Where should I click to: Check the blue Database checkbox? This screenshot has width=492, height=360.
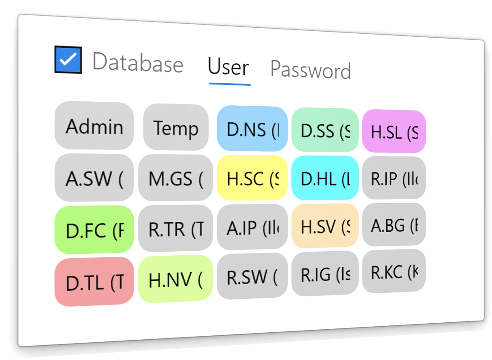(x=68, y=60)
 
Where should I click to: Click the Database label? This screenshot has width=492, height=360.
(x=138, y=63)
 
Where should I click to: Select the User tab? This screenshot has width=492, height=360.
(x=228, y=68)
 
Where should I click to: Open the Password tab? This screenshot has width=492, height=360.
(x=311, y=70)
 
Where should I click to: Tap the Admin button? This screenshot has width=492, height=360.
(x=94, y=126)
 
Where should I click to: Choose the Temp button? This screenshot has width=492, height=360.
(x=176, y=128)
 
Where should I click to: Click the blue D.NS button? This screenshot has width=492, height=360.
(x=252, y=130)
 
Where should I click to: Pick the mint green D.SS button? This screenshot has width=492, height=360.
(x=325, y=131)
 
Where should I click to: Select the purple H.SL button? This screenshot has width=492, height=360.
(x=394, y=132)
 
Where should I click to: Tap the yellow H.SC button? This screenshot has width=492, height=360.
(x=252, y=178)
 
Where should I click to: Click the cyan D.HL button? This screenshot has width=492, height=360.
(x=325, y=178)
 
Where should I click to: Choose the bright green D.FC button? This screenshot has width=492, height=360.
(x=94, y=230)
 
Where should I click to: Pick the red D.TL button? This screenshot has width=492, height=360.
(x=94, y=282)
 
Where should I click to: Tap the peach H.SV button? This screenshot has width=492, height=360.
(x=325, y=226)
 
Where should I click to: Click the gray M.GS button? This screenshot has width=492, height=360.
(x=175, y=178)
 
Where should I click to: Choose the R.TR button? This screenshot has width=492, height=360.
(x=175, y=229)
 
